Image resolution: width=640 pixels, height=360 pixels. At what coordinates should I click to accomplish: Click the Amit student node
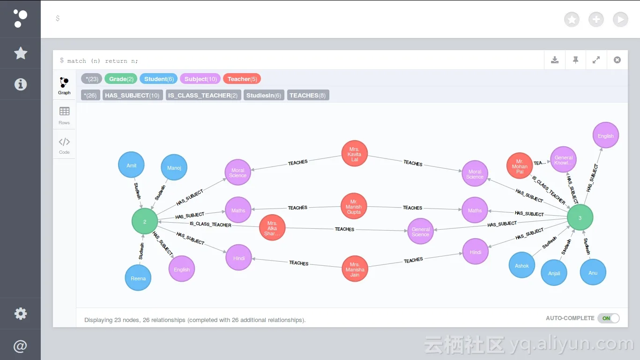(131, 165)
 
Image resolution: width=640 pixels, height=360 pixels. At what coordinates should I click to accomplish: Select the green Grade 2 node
(145, 222)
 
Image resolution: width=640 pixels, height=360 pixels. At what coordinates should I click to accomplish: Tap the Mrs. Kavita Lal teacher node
(355, 154)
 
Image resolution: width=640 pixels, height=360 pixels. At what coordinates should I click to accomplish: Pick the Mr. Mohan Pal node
(520, 166)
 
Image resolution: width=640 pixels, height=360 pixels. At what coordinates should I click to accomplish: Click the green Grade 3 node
(580, 218)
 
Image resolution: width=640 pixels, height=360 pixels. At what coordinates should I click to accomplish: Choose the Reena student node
(138, 278)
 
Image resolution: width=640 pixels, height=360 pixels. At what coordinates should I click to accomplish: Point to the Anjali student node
(554, 273)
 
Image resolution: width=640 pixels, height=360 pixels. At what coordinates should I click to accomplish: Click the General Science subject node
(421, 232)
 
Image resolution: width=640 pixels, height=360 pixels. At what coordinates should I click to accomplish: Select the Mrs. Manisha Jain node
(355, 269)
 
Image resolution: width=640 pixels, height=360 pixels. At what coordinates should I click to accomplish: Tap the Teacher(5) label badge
(242, 79)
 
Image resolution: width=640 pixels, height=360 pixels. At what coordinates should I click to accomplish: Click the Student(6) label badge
(159, 79)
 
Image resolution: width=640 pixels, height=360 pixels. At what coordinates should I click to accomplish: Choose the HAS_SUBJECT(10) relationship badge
(133, 95)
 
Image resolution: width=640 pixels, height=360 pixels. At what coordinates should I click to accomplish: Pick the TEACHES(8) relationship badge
(308, 95)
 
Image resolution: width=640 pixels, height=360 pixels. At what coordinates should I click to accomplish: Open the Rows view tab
(64, 115)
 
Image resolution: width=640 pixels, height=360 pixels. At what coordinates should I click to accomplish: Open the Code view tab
(64, 145)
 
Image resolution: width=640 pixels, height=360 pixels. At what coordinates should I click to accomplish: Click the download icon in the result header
(555, 60)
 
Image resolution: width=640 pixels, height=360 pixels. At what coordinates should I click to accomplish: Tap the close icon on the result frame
(617, 60)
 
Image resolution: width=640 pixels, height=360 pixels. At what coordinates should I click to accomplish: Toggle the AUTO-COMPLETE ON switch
(608, 318)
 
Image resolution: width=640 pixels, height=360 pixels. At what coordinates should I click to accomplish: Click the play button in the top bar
(620, 19)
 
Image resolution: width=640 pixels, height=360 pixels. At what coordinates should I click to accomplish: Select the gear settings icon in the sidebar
(21, 314)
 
